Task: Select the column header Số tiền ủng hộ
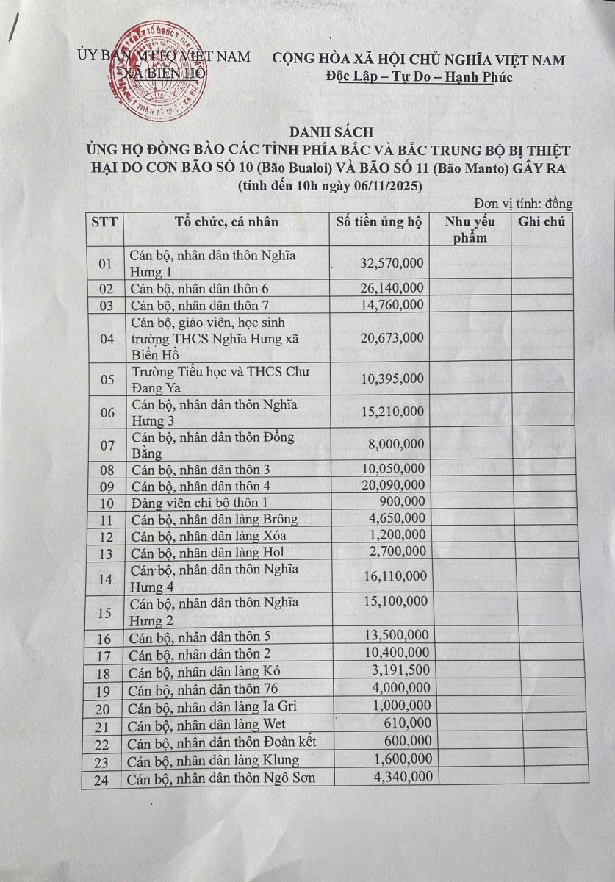point(380,221)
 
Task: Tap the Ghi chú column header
point(542,221)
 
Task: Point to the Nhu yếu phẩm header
point(470,229)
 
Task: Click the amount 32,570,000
point(392,263)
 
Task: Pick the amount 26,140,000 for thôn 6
point(392,287)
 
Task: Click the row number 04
point(107,339)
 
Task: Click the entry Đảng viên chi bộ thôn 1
point(206,502)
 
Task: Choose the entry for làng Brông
point(214,519)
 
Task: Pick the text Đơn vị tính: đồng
point(523,204)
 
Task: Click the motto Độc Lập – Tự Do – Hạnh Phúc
point(419,77)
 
